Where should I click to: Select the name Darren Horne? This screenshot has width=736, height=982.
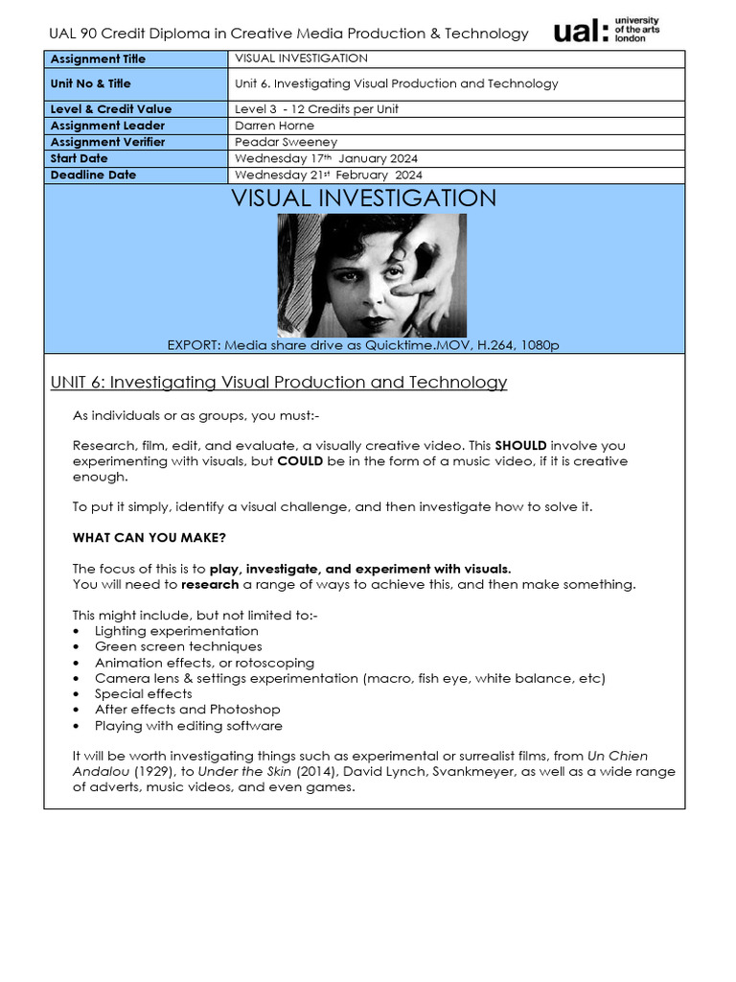click(x=274, y=126)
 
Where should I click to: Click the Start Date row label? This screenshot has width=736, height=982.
click(x=80, y=158)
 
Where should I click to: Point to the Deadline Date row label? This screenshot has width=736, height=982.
click(x=93, y=175)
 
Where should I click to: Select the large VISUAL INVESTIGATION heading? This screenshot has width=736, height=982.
click(x=363, y=199)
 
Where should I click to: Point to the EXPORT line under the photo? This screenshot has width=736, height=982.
click(x=363, y=345)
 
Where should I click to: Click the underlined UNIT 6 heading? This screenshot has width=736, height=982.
click(x=278, y=383)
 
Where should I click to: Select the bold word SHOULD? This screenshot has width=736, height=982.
click(x=520, y=446)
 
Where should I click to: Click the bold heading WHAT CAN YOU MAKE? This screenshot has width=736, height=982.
click(x=149, y=538)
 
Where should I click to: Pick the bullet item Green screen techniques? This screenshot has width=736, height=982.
click(x=178, y=647)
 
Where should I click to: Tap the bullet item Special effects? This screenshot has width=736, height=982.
click(x=144, y=694)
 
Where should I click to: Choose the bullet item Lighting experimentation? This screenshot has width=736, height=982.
click(x=176, y=631)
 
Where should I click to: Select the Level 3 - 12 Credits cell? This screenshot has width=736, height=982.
click(x=316, y=109)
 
